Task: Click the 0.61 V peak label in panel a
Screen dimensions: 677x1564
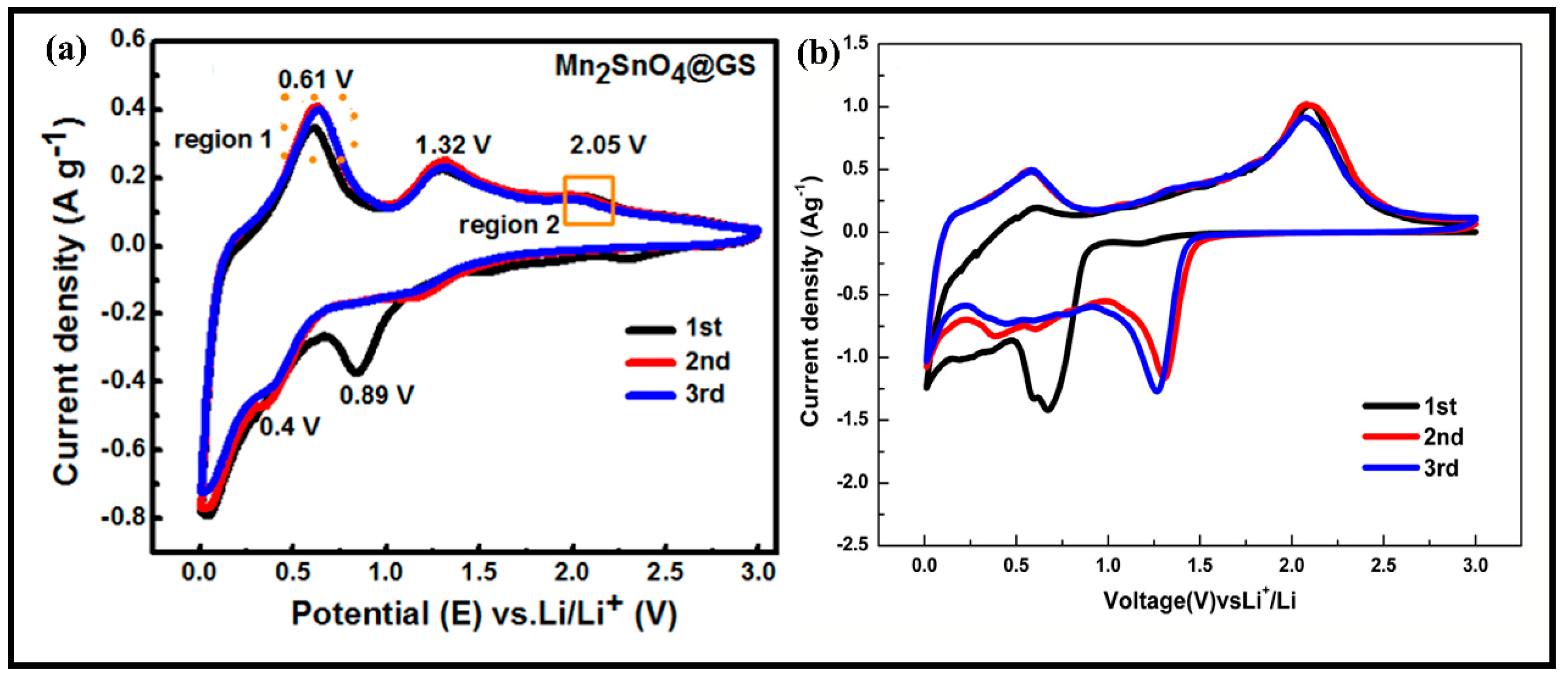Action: click(x=316, y=80)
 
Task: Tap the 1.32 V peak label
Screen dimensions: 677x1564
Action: click(x=453, y=145)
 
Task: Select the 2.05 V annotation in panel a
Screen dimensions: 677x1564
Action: click(x=608, y=145)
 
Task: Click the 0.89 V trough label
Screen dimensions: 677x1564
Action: click(x=377, y=395)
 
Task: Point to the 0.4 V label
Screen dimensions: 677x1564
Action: click(x=290, y=427)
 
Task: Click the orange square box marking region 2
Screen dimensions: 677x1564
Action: click(x=588, y=200)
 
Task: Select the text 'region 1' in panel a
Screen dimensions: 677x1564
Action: click(x=223, y=140)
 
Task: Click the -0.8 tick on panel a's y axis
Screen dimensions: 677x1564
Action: click(x=123, y=517)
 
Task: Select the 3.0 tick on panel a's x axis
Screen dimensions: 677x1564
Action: click(x=758, y=572)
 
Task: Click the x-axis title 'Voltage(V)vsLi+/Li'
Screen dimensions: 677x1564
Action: click(x=1199, y=600)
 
